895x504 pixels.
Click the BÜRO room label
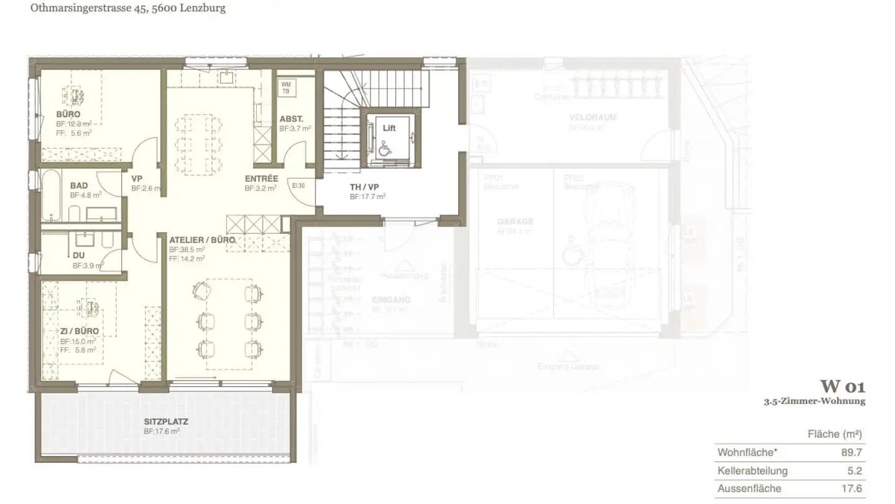[x=68, y=114]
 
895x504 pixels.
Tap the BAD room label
[x=79, y=185]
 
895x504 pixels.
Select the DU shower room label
[x=78, y=256]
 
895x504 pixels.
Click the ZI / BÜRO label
[x=79, y=331]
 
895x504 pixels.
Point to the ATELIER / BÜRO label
[x=202, y=240]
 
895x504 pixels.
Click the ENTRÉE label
[x=261, y=179]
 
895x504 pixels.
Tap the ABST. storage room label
[x=291, y=119]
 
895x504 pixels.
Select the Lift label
[x=389, y=128]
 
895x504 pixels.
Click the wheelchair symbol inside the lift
[x=385, y=147]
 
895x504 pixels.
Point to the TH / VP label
[x=364, y=187]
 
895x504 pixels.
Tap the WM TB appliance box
[x=286, y=88]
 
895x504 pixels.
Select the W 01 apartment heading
[x=842, y=386]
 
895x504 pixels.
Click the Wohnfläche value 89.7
[x=851, y=452]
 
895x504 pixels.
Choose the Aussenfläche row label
[x=749, y=489]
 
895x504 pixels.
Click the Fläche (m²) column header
[x=835, y=434]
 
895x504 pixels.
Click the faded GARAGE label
[x=515, y=222]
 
